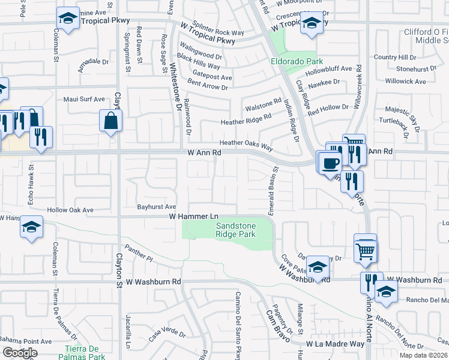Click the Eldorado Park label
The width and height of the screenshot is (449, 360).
pos(297,61)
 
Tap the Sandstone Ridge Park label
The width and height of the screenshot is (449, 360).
pos(236,230)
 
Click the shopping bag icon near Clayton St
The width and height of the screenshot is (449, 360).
pos(112,122)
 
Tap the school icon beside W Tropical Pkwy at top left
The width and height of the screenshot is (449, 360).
pos(68,19)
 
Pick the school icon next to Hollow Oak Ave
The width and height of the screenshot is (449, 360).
pos(31,229)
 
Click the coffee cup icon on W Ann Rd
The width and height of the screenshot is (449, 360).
pos(330,163)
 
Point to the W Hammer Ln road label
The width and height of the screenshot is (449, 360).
pos(192,215)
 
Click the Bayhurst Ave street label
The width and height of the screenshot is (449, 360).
pos(156,206)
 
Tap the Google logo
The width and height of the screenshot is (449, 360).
pos(20,353)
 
